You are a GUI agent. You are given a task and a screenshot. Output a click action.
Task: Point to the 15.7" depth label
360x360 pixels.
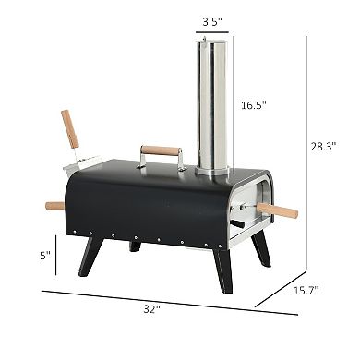pos(306,290)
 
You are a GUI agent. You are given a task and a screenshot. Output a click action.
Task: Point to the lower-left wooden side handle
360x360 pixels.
pos(55,206)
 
